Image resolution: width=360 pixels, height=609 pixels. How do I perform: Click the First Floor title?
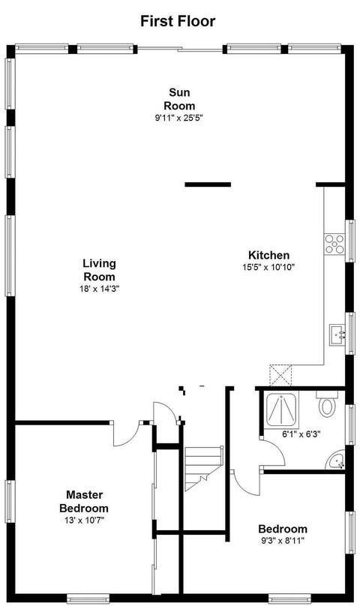coord(178,21)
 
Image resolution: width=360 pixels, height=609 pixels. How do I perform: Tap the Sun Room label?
coord(179,99)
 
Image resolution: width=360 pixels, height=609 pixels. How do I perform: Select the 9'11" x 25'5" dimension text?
coord(179,118)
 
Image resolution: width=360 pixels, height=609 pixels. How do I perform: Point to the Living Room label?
coord(100,270)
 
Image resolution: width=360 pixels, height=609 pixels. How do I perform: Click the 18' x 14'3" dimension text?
coord(100,289)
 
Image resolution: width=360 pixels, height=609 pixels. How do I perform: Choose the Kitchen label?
coord(268,255)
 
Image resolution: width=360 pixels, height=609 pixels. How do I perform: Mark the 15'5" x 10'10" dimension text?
coord(268,267)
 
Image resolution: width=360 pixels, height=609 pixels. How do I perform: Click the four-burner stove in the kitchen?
coord(334,244)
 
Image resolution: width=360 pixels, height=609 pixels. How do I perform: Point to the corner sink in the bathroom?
coord(336,460)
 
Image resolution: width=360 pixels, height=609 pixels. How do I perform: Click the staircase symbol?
coord(202,468)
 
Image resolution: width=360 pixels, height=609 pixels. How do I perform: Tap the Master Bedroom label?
coord(84,502)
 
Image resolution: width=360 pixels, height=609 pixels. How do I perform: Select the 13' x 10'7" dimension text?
coord(84,520)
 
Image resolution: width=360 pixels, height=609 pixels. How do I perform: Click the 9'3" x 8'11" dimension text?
coord(283,541)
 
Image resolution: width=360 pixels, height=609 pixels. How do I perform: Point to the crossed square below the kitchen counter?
coord(280,375)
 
